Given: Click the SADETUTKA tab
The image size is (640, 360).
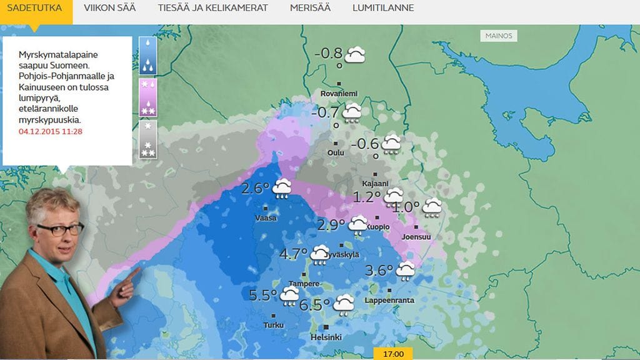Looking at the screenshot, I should pos(36,8).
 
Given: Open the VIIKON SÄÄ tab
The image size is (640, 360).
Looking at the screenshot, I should pos(109,8).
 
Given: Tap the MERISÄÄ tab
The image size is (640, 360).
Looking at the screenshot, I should pos(310,8).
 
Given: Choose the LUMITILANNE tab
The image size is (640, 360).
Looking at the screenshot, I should pos(382,8).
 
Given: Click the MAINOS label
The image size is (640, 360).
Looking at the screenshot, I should pos(499,36).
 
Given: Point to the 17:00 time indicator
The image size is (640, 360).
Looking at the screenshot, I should pos(393,354).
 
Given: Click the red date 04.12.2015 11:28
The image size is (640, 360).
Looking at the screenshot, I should pos(51,131).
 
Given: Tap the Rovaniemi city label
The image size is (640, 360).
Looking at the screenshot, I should pos(338,93).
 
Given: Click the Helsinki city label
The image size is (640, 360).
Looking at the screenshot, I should pos(326,337).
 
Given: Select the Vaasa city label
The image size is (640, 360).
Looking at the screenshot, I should pos(266,218).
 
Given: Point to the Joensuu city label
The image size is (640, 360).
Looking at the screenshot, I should pos(416,237).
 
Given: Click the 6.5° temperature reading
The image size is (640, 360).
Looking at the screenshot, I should pos(314,305).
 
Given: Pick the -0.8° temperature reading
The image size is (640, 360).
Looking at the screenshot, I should pos(328,54).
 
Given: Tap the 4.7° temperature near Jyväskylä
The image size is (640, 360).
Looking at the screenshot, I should pos(293,254).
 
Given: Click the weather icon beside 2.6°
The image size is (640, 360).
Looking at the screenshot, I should pos(282,188).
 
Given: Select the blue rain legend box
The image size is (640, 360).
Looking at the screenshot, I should pos(147,55).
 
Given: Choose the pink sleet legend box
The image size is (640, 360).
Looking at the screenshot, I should pos(147,97).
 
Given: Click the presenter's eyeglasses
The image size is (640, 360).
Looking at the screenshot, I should pos(60,229).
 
